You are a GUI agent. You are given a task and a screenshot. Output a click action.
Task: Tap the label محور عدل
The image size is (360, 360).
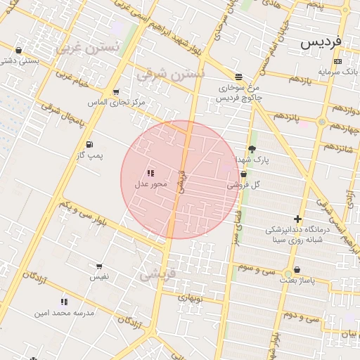[151, 184]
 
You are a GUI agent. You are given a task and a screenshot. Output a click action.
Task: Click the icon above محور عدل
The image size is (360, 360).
[150, 172]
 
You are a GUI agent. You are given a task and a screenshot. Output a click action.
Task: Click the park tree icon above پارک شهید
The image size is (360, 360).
[252, 149]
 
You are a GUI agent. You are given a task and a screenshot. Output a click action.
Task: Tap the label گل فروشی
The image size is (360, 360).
[244, 185]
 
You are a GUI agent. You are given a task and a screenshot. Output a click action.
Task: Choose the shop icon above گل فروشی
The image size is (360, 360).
[243, 174]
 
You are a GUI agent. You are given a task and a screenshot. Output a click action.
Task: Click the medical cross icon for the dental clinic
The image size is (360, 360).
[298, 219]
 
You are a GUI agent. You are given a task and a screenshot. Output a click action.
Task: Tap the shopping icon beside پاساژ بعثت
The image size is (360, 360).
[297, 269]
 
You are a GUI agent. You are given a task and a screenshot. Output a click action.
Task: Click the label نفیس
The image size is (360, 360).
[98, 277]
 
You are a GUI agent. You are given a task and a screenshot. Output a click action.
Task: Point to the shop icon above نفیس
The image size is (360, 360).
[98, 266]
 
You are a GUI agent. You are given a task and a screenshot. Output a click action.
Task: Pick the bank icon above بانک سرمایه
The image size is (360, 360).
[338, 61]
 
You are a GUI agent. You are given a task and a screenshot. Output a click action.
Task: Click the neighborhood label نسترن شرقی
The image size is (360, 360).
[171, 72]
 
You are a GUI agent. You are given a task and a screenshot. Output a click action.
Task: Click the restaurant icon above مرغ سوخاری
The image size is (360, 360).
[239, 76]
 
